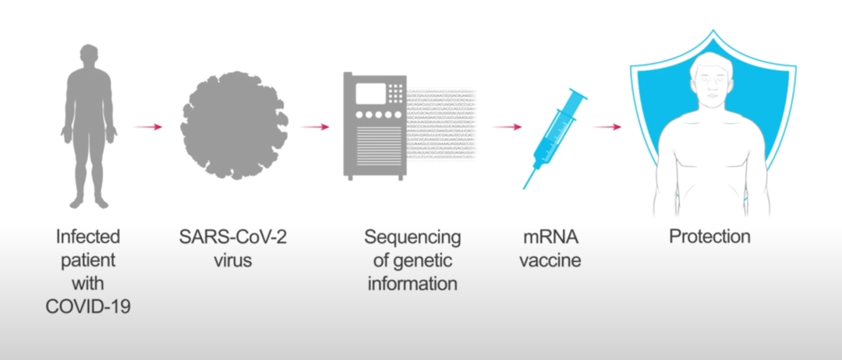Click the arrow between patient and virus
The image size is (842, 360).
pyautogui.click(x=148, y=126)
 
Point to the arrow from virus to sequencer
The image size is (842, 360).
pyautogui.click(x=315, y=126)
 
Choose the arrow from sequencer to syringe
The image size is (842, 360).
pyautogui.click(x=508, y=126)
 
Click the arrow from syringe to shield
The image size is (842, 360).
pyautogui.click(x=607, y=126)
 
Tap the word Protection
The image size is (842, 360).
pyautogui.click(x=709, y=236)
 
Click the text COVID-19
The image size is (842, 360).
pyautogui.click(x=88, y=306)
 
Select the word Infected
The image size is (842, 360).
pyautogui.click(x=88, y=236)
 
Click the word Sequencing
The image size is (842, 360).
pyautogui.click(x=412, y=236)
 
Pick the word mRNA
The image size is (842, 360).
pyautogui.click(x=550, y=236)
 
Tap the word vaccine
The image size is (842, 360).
pyautogui.click(x=550, y=259)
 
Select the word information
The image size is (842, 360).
pyautogui.click(x=412, y=283)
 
